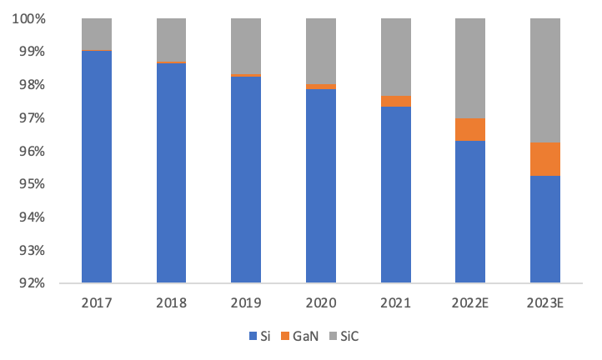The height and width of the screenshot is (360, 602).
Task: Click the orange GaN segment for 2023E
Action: (x=545, y=159)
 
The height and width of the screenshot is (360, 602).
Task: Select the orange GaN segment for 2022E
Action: (x=470, y=129)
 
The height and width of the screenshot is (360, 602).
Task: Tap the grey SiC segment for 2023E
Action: (x=545, y=80)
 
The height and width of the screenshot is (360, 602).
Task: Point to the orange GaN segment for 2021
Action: (x=396, y=101)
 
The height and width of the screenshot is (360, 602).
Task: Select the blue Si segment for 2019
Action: (x=246, y=179)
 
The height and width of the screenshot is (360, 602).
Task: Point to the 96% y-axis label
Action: (x=31, y=151)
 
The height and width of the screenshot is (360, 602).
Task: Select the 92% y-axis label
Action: (x=31, y=283)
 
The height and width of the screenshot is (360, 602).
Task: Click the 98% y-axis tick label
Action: (x=31, y=85)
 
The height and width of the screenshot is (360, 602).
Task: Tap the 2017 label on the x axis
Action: (x=97, y=302)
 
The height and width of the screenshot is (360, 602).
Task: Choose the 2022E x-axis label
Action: (x=470, y=302)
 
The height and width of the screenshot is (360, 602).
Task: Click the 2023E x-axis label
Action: (x=545, y=302)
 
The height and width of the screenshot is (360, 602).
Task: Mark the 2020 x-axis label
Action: (x=321, y=302)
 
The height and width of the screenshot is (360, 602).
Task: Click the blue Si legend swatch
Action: (x=253, y=337)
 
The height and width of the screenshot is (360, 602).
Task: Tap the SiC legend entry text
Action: (x=350, y=337)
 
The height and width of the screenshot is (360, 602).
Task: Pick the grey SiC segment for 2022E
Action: (x=470, y=67)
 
